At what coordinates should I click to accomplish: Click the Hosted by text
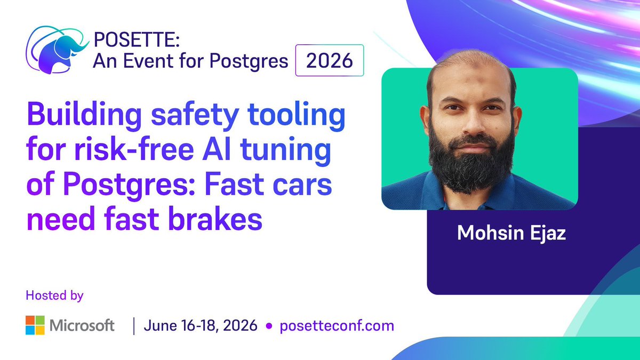pyautogui.click(x=54, y=294)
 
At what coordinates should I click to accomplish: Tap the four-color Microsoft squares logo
pyautogui.click(x=35, y=325)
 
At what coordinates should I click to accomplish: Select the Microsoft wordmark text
pyautogui.click(x=82, y=325)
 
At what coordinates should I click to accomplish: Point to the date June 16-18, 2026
pyautogui.click(x=201, y=325)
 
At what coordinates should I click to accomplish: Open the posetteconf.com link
pyautogui.click(x=337, y=325)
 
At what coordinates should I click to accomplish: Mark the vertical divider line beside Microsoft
pyautogui.click(x=133, y=325)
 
